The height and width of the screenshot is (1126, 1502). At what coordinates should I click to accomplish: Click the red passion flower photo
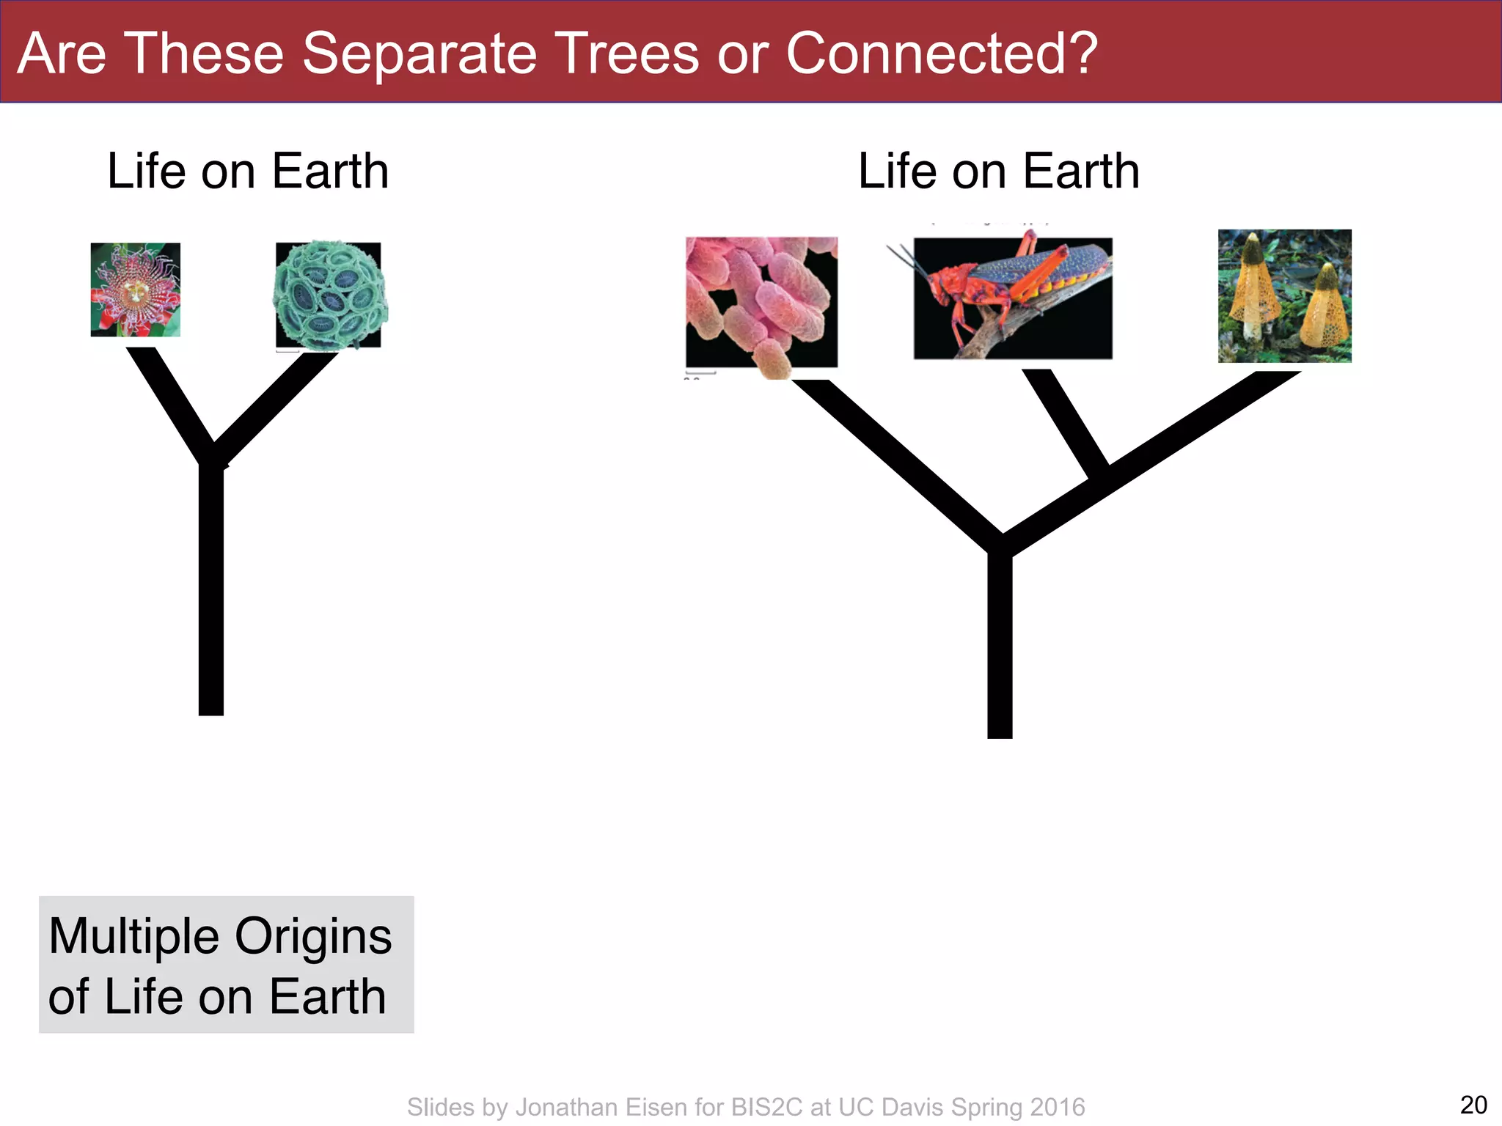click(136, 290)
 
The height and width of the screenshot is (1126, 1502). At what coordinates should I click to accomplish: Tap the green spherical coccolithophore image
click(329, 295)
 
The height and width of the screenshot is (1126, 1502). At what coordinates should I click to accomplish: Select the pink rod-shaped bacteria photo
click(761, 302)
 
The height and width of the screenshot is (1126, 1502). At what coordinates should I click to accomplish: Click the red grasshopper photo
click(1013, 298)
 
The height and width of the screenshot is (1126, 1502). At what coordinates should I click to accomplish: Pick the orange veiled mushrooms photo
click(1284, 296)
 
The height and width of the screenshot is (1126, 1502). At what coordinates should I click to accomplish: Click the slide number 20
click(1473, 1105)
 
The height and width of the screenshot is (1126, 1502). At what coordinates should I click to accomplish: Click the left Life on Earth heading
click(248, 171)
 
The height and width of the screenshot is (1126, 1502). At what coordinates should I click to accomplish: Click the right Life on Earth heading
click(999, 171)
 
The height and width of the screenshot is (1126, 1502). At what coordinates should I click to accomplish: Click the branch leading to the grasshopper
click(1065, 422)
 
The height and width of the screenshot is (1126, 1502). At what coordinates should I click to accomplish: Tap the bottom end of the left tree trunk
click(211, 707)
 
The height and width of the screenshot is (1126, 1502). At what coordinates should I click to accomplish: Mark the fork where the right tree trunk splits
click(1001, 546)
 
